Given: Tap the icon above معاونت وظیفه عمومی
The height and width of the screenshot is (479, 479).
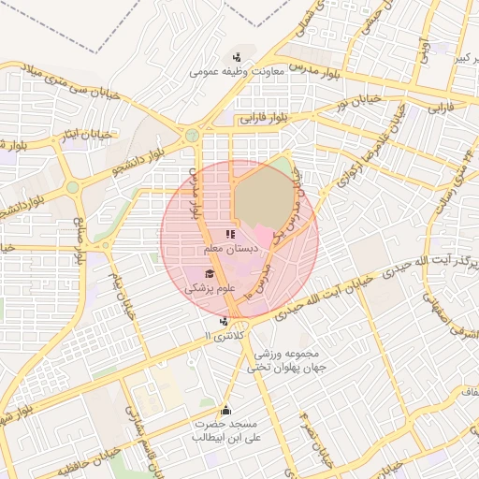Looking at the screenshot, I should (x=237, y=56).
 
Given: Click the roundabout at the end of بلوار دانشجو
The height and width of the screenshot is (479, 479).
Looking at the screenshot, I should (x=192, y=135).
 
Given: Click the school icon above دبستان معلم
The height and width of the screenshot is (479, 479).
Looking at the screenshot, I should (x=230, y=234).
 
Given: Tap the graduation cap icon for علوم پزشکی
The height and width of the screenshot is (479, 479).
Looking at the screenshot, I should (x=210, y=273).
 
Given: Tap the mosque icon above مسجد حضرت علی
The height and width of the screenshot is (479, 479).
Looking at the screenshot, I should (x=225, y=410).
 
